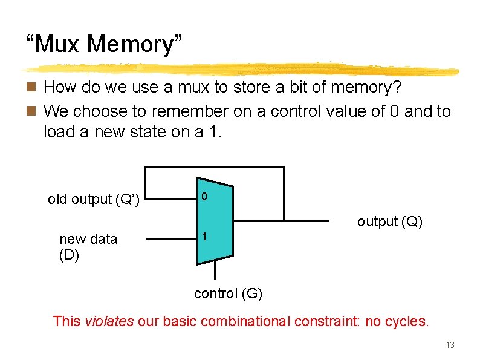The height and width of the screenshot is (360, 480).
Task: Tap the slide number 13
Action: coord(450,345)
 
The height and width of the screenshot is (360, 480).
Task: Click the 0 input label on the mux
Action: coord(205,197)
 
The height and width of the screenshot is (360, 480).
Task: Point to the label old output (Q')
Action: coord(94,199)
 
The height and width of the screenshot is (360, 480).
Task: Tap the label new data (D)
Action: coord(88,246)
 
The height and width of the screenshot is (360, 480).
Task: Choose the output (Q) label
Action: coord(389,222)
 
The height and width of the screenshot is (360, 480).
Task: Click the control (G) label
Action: coord(228,294)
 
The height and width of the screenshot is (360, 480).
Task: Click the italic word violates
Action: coord(109,321)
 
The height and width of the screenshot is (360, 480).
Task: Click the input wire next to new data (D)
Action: coord(172,239)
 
